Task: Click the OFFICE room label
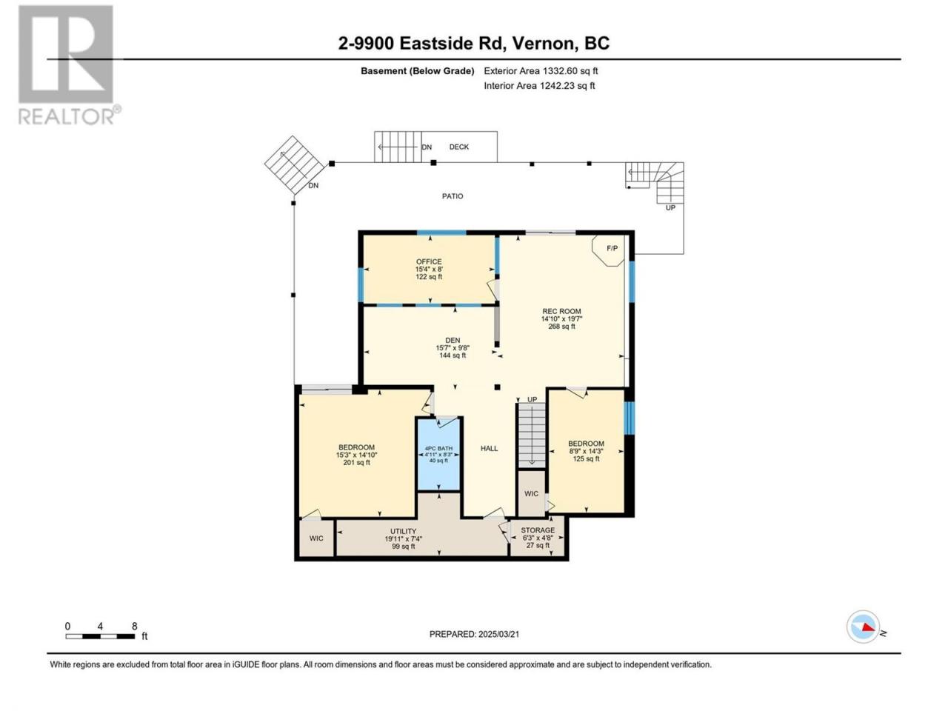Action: pos(428,261)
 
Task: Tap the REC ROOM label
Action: pos(561,311)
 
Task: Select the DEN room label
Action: pos(453,340)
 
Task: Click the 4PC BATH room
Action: pos(438,454)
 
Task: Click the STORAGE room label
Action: pos(538,530)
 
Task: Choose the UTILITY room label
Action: pos(404,532)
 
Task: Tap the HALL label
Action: pos(490,449)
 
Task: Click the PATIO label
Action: pos(453,196)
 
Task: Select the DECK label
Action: pos(458,147)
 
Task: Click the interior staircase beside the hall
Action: pos(532,434)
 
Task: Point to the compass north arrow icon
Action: pos(864,627)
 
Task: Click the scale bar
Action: pos(100,636)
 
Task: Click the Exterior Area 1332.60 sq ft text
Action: pos(541,71)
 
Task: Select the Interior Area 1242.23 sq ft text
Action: pos(539,85)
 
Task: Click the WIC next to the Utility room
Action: pos(316,538)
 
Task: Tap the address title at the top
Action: pos(474,43)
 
